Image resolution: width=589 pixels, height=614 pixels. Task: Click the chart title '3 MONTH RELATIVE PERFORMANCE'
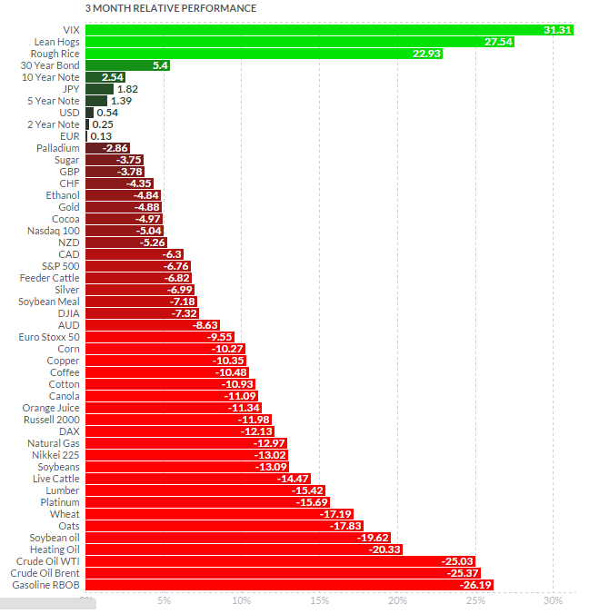point(170,8)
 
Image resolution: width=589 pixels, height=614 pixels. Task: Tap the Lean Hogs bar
point(291,42)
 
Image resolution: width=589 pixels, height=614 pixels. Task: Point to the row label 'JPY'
point(71,89)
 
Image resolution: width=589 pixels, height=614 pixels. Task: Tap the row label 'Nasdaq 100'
point(55,231)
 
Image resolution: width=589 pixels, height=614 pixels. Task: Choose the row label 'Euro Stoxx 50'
point(49,337)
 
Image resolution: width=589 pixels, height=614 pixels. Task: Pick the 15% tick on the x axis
point(319,600)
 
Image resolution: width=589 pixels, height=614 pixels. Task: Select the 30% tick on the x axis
point(552,600)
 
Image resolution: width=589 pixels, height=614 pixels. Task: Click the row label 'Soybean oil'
point(55,538)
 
